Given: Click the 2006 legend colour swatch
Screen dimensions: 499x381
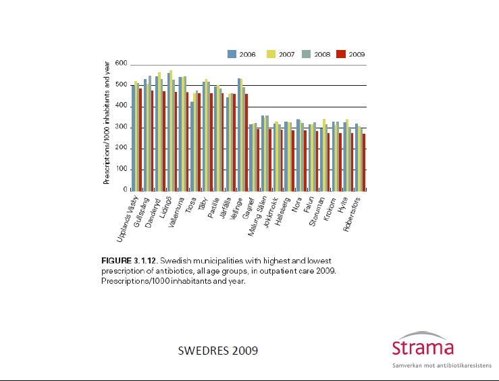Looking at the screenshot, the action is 232,54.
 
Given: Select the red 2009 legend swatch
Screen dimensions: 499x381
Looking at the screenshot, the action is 341,54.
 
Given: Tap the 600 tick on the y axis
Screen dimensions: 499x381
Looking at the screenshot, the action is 121,63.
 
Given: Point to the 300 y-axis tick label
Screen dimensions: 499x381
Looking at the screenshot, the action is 121,127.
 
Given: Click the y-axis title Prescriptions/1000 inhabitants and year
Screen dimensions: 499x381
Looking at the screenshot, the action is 107,123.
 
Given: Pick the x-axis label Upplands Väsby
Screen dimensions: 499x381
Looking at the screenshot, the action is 128,219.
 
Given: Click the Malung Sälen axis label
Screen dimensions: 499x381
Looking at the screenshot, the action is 257,216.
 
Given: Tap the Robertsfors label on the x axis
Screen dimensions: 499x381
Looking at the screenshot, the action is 352,214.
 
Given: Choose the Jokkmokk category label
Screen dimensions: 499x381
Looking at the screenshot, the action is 271,212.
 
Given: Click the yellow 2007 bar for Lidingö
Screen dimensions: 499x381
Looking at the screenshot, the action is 171,131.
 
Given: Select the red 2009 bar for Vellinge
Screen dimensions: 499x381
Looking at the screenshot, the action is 246,143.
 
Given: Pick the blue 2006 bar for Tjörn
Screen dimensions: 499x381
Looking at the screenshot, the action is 192,147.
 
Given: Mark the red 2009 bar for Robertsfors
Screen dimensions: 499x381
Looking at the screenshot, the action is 364,163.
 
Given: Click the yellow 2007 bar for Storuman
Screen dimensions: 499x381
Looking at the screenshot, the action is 324,155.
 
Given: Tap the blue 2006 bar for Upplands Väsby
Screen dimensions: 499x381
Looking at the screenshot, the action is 133,138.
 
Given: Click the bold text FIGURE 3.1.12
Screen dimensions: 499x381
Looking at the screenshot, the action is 129,261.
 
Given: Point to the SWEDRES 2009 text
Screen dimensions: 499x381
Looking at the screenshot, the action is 218,351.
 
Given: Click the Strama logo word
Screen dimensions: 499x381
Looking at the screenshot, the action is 423,347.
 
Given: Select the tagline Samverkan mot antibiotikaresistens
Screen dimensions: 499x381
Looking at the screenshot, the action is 442,365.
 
